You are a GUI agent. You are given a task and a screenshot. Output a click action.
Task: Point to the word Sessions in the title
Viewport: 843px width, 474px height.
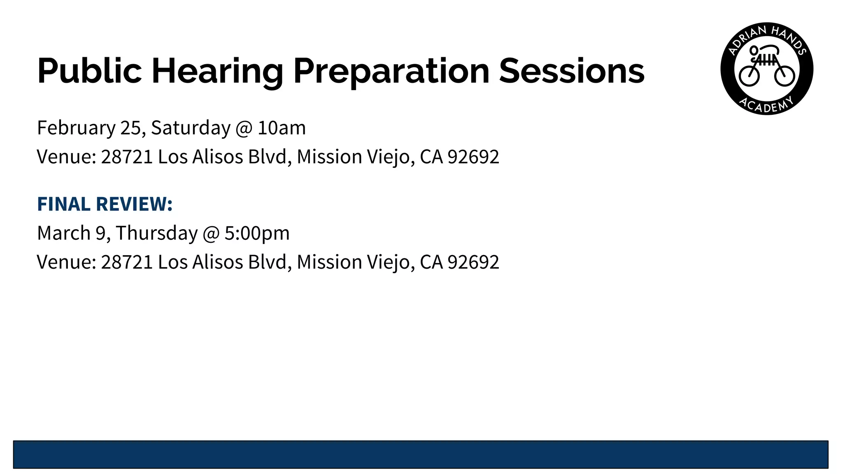(x=571, y=71)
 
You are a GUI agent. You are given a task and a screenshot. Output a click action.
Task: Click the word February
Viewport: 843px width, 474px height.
(x=76, y=128)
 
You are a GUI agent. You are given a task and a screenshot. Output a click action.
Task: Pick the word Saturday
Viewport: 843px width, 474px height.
(x=191, y=128)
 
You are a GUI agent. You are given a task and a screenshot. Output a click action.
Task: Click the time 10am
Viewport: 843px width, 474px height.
(x=282, y=128)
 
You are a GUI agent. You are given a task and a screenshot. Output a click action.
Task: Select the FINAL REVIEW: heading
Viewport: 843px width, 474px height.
(x=105, y=204)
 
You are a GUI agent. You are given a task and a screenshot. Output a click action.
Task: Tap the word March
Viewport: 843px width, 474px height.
(x=64, y=233)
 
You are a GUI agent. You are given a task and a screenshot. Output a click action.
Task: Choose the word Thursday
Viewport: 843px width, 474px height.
(x=156, y=233)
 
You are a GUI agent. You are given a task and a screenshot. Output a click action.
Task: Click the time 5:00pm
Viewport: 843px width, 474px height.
(x=257, y=233)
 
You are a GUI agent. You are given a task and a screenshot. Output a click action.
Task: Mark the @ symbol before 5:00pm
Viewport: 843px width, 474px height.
(x=211, y=233)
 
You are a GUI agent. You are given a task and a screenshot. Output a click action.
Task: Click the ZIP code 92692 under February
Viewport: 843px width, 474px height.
(x=473, y=157)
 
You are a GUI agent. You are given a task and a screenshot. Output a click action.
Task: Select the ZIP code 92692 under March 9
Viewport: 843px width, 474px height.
(x=473, y=262)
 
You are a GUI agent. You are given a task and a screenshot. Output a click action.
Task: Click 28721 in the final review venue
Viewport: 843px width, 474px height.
(x=127, y=262)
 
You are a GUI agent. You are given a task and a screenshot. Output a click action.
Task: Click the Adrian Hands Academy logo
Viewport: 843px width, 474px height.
(x=766, y=69)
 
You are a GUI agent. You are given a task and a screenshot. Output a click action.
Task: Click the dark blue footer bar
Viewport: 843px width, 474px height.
(x=421, y=454)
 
